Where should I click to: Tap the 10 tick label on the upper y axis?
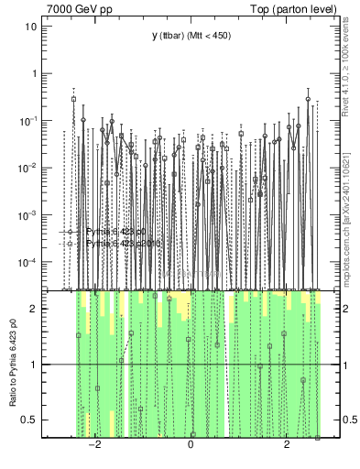[x=29, y=26]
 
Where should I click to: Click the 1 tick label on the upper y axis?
[x=32, y=73]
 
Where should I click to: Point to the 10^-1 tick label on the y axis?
[x=27, y=120]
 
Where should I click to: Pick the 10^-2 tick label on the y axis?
[x=27, y=168]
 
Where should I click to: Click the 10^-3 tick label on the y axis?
[x=27, y=215]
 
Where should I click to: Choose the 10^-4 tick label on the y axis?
[x=27, y=263]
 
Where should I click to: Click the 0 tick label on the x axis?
[x=191, y=446]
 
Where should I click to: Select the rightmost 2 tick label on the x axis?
[x=287, y=446]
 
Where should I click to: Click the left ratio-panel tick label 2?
[x=32, y=309]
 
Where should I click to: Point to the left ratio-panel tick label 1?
[x=32, y=365]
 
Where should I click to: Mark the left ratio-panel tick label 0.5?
[x=28, y=420]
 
